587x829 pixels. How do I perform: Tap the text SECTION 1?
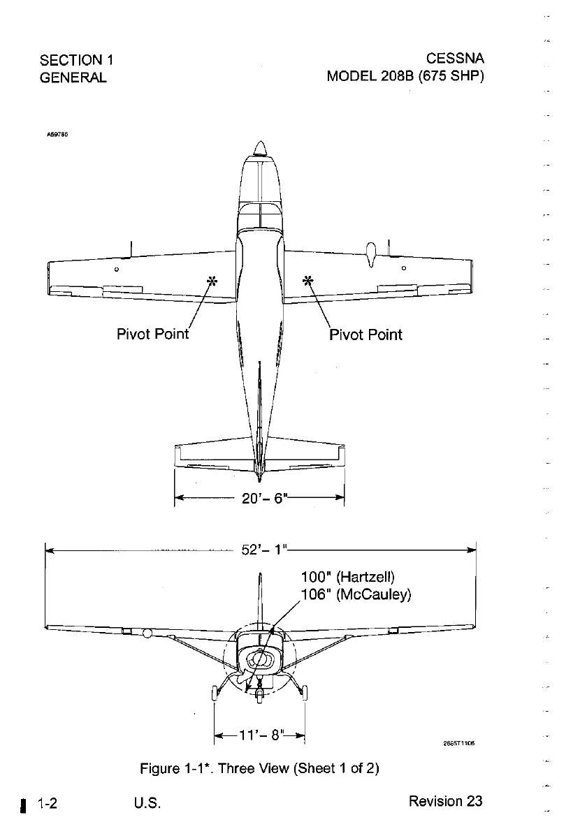pyautogui.click(x=77, y=59)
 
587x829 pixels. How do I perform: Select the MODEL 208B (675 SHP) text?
pyautogui.click(x=405, y=76)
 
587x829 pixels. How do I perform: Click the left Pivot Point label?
pyautogui.click(x=152, y=334)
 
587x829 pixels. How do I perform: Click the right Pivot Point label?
pyautogui.click(x=365, y=334)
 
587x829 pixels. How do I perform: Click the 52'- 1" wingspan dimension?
pyautogui.click(x=261, y=550)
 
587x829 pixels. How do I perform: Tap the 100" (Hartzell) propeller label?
pyautogui.click(x=348, y=578)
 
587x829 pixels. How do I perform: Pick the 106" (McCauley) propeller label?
pyautogui.click(x=355, y=594)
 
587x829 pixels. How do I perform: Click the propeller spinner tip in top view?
pyautogui.click(x=260, y=147)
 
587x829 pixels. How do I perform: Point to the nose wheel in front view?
pyautogui.click(x=259, y=696)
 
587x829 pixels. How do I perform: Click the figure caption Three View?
pyautogui.click(x=259, y=769)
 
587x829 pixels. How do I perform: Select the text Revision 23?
pyautogui.click(x=445, y=800)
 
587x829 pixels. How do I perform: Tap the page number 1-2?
pyautogui.click(x=47, y=802)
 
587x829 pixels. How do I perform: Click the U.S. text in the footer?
pyautogui.click(x=147, y=802)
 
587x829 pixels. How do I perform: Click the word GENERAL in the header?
pyautogui.click(x=73, y=77)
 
